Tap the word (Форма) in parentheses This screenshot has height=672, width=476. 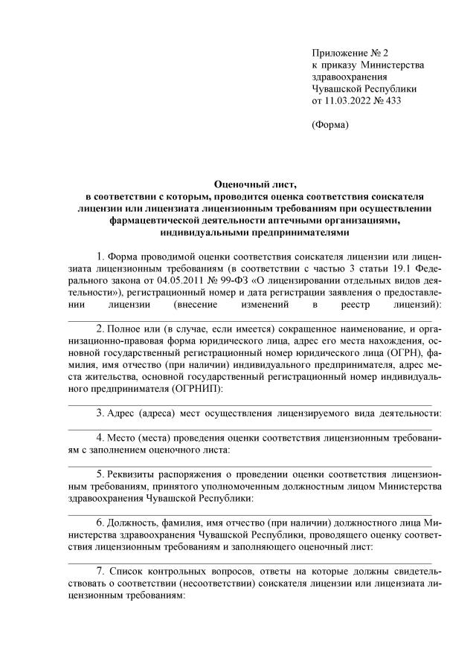tap(329, 125)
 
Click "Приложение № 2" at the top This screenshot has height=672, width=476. tap(341, 54)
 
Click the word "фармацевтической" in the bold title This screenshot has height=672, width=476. tap(154, 219)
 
